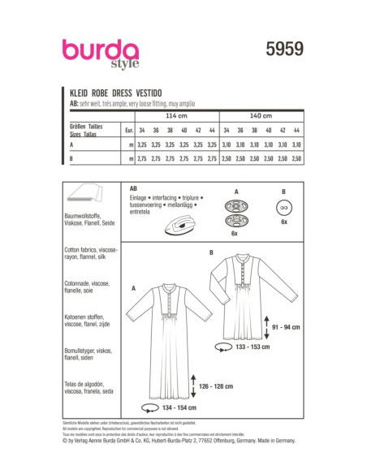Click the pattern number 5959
(x=283, y=49)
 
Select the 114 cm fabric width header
(x=175, y=115)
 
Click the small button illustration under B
(x=284, y=207)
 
